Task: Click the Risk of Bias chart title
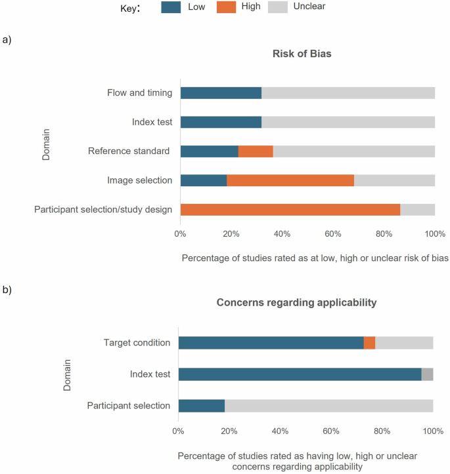click(x=302, y=54)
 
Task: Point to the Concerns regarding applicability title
click(x=297, y=302)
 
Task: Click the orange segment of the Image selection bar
click(x=290, y=180)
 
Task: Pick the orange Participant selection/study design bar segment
click(x=290, y=210)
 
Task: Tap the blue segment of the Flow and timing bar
click(x=221, y=92)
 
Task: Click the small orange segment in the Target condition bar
click(x=369, y=342)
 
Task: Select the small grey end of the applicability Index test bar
click(x=427, y=374)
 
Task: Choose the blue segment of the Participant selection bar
click(x=201, y=406)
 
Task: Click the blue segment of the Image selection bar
click(x=204, y=180)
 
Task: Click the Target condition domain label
click(x=137, y=342)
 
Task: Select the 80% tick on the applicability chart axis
click(x=382, y=431)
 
